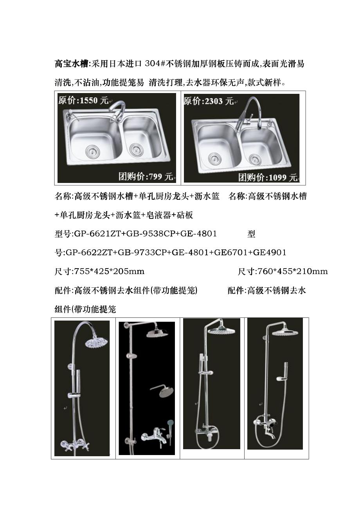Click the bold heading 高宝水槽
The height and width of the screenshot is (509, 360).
[x=71, y=64]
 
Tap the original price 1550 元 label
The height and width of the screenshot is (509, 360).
[x=83, y=100]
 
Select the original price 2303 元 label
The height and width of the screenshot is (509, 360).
[x=209, y=101]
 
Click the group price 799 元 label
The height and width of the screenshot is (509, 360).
[x=146, y=176]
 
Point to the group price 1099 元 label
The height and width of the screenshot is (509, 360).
[x=268, y=177]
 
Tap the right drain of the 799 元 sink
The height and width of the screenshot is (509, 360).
[x=136, y=149]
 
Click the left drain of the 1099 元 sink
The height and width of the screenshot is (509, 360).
[x=214, y=158]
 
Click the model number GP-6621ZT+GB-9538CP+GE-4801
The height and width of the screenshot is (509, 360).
[x=145, y=233]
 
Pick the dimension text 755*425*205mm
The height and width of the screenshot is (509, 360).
[x=109, y=271]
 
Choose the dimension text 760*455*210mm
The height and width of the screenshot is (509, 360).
[x=292, y=271]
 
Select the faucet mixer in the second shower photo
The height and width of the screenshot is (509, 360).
[x=154, y=434]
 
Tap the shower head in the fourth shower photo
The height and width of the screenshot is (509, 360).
[x=285, y=332]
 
